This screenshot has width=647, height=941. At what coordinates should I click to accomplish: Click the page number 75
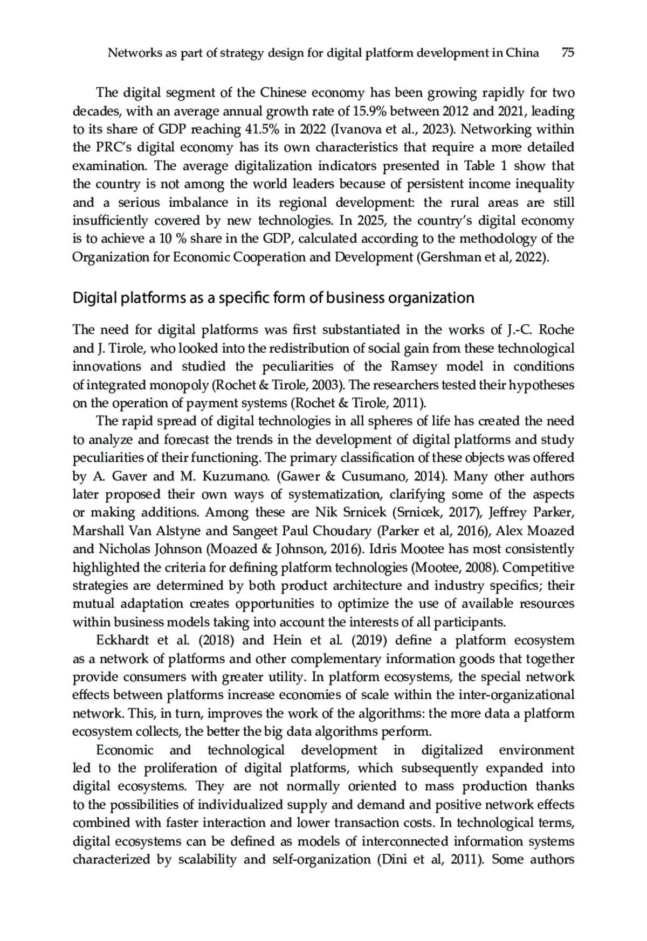point(567,52)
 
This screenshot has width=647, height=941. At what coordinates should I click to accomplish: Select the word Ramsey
point(412,367)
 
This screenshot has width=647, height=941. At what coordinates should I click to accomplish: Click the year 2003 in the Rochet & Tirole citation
point(329,385)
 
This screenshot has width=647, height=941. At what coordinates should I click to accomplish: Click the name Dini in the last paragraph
point(391,860)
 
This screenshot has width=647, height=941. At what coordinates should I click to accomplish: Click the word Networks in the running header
point(133,52)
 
